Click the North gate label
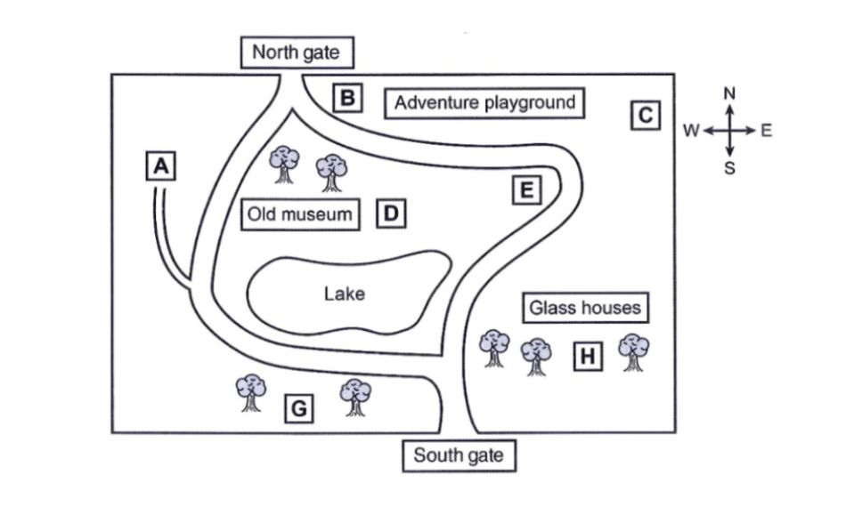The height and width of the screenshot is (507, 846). (296, 52)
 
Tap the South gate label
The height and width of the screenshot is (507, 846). (458, 456)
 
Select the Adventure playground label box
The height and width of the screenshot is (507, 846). (485, 103)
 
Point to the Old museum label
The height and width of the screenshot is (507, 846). (300, 214)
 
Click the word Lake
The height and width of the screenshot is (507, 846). (345, 293)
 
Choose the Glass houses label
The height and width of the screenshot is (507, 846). (585, 308)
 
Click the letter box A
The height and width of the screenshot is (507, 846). (159, 165)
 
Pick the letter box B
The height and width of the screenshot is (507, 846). (348, 97)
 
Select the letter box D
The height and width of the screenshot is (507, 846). (391, 213)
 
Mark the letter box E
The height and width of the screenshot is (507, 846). (527, 190)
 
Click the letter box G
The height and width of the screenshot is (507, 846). (300, 409)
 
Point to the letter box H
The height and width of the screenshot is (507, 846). (586, 357)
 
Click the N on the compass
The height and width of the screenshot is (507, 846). (729, 93)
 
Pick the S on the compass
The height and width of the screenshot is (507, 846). (729, 168)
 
